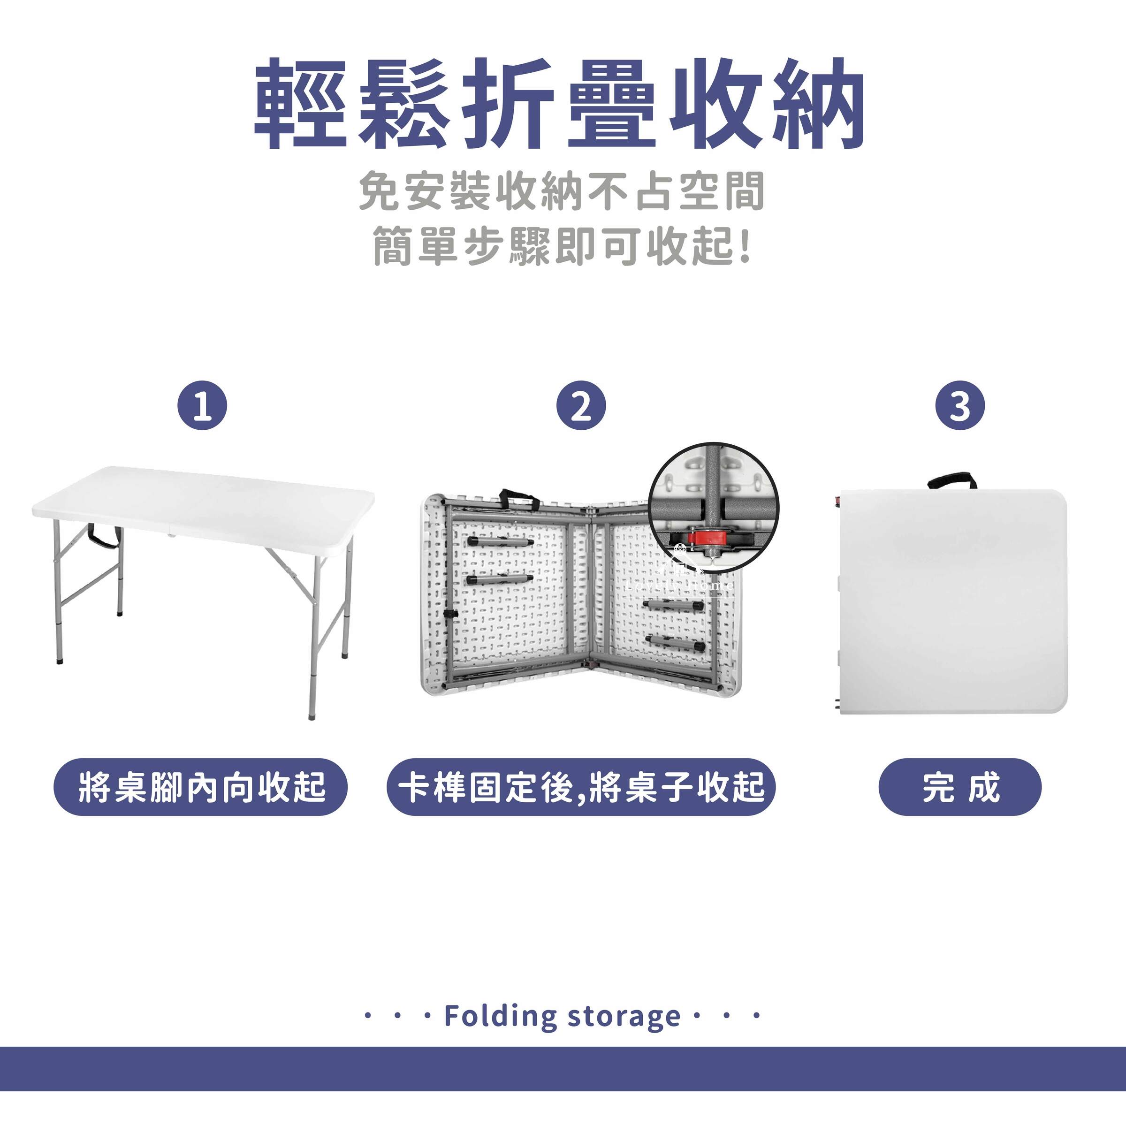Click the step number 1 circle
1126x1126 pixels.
pyautogui.click(x=202, y=406)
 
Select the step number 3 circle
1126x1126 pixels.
pyautogui.click(x=960, y=406)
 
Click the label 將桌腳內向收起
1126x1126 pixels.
pyautogui.click(x=201, y=787)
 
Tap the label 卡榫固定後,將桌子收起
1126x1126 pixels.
pyautogui.click(x=581, y=787)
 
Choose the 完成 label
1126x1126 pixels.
pyautogui.click(x=960, y=787)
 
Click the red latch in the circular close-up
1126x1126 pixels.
pyautogui.click(x=701, y=537)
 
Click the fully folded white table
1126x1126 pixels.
pyautogui.click(x=950, y=601)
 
